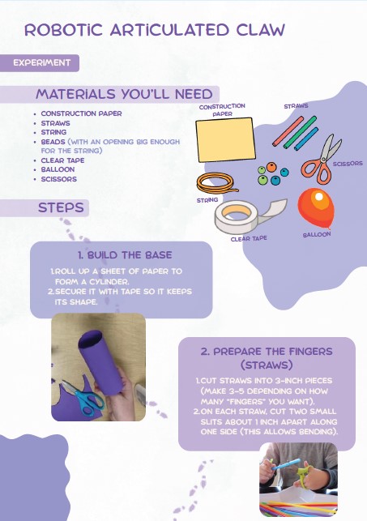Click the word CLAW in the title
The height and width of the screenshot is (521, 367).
pos(261,30)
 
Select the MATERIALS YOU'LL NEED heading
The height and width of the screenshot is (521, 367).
pos(124,94)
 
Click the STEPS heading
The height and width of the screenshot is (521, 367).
pos(61,207)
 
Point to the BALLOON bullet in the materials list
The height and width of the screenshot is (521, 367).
pos(58,169)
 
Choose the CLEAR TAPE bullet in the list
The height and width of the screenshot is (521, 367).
pos(62,160)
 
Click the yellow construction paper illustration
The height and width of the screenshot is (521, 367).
pos(225,139)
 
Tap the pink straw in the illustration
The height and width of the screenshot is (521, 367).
pos(288,131)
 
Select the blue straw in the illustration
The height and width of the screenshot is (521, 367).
pos(306,139)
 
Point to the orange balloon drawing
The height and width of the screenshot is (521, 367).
pos(315,208)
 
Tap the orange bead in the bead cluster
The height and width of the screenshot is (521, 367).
pos(271,166)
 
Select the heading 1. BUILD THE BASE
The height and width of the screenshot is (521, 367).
pos(125,255)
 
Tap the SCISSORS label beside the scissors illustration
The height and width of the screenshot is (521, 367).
pos(348,164)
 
